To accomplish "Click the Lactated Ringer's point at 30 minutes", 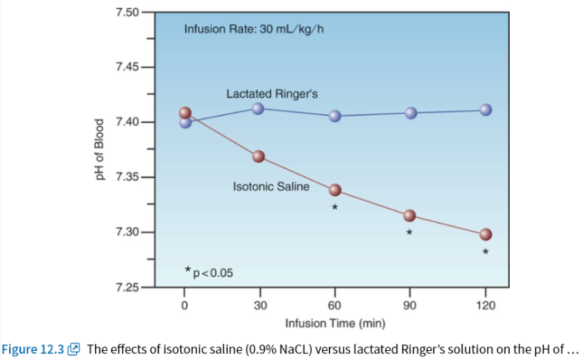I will tap(258, 108).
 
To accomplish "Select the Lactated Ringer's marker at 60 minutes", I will tap(335, 115).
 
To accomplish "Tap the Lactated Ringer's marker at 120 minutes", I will tap(486, 110).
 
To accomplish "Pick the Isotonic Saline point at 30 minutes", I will tap(259, 156).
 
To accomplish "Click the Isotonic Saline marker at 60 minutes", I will tap(335, 189).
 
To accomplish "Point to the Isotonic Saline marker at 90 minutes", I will tap(410, 216).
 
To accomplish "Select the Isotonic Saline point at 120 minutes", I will tap(486, 234).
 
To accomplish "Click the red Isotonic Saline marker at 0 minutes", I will tap(186, 113).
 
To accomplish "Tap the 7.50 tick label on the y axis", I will tap(127, 13).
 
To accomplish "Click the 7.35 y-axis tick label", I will tap(127, 177).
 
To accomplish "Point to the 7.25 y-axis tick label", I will tap(127, 288).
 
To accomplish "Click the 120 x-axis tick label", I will tap(486, 305).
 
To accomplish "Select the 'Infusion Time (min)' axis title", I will tap(336, 324).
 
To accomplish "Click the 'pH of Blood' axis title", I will tap(97, 149).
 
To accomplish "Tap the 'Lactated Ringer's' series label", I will tap(272, 94).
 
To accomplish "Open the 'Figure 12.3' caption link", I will tap(34, 349).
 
